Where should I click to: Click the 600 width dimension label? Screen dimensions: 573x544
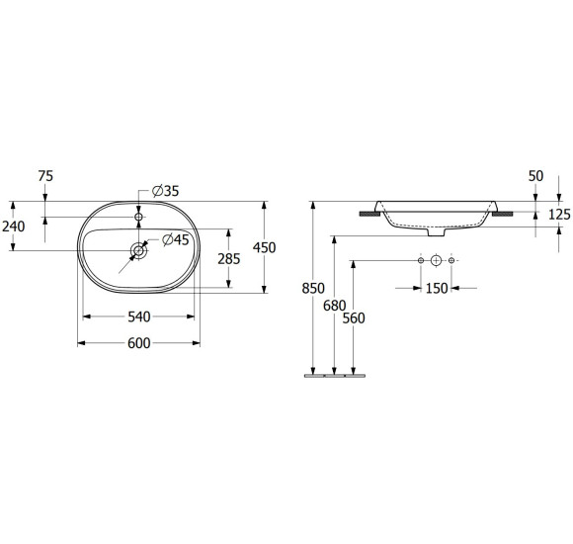point(139,343)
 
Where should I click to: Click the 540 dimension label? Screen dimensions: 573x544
point(139,317)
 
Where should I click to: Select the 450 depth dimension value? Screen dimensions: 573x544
point(264,247)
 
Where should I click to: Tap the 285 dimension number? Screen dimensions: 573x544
point(229,259)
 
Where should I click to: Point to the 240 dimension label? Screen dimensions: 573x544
point(14,227)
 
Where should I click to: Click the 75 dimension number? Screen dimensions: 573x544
point(45,176)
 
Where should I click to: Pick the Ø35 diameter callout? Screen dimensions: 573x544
point(166,191)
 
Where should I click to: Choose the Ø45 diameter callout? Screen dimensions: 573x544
point(176,239)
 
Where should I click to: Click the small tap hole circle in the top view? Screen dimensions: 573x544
point(138,217)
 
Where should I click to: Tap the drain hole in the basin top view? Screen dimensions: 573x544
point(139,250)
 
